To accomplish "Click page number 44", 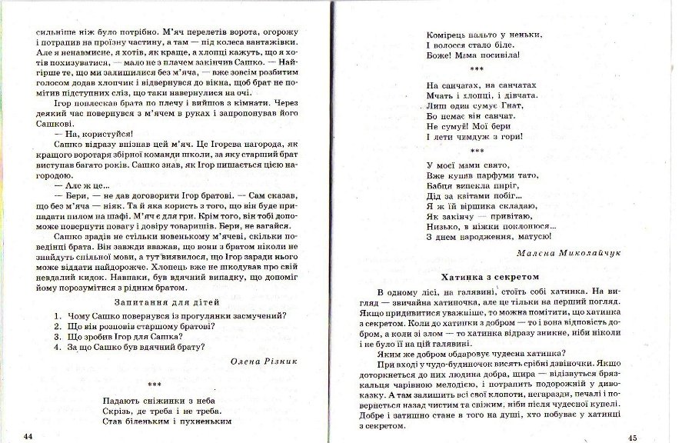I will coord(28,436).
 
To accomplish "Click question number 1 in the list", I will coord(59,315).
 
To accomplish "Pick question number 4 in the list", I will coord(59,347).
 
